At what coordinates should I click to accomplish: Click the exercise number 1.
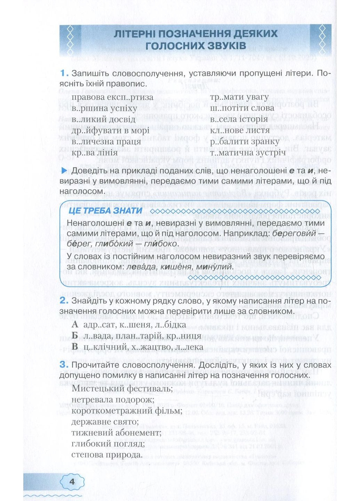(x=63, y=73)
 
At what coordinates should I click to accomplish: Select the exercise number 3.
(x=63, y=365)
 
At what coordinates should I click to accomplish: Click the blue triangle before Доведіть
(x=64, y=170)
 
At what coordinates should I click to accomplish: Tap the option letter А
(x=75, y=325)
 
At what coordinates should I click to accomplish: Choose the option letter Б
(x=75, y=336)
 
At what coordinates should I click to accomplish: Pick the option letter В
(x=75, y=347)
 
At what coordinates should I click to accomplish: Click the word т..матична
(x=236, y=152)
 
